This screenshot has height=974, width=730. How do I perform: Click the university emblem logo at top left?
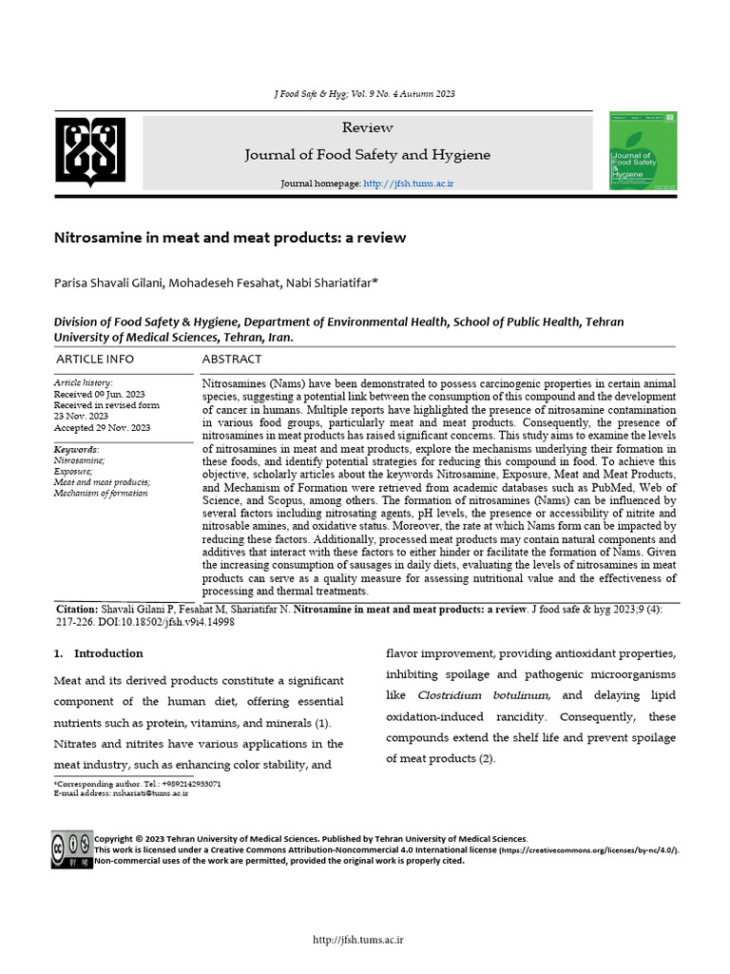pos(89,150)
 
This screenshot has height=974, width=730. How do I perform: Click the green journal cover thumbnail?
pos(643,150)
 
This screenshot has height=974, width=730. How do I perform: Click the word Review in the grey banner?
pos(367,127)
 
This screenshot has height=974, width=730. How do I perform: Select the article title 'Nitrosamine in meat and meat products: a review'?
pos(229,238)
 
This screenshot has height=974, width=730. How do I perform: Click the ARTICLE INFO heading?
pos(95,360)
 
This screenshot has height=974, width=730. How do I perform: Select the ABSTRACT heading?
pos(232,360)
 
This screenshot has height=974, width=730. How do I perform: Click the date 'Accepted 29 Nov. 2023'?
pos(103,427)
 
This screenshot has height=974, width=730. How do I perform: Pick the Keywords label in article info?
pos(76,449)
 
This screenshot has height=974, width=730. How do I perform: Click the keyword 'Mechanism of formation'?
pos(101,493)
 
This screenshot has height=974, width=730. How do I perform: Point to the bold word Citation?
pos(77,609)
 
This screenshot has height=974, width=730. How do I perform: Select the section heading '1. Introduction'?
pos(99,653)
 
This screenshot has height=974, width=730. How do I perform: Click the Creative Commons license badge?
pos(72,848)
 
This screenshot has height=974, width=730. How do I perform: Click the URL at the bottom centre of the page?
pos(359,941)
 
